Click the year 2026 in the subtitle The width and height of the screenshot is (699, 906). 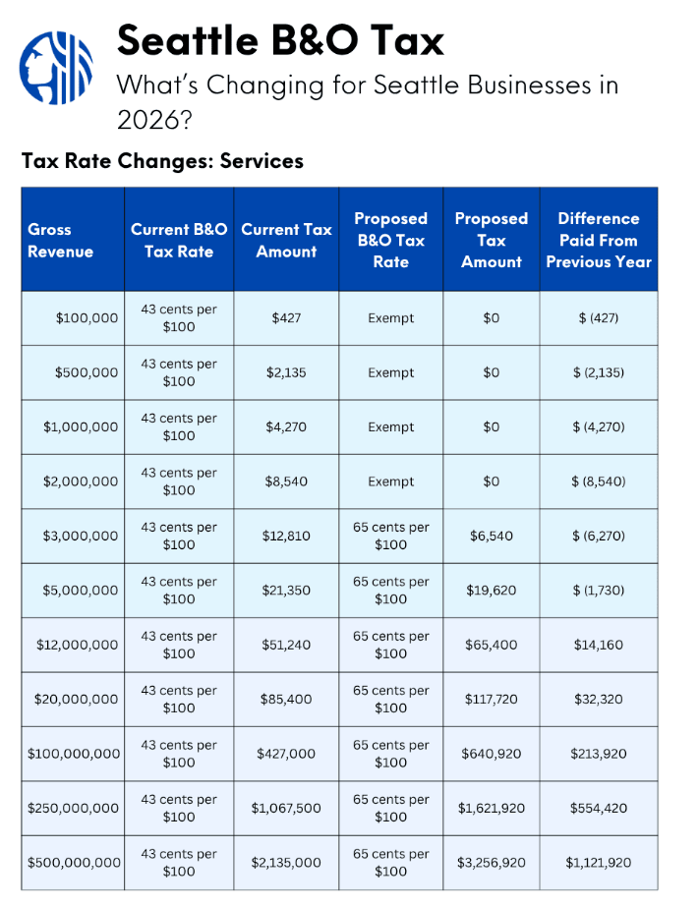(148, 120)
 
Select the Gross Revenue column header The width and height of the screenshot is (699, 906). (61, 240)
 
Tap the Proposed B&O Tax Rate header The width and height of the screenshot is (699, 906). (390, 240)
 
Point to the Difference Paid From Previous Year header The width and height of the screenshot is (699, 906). (598, 240)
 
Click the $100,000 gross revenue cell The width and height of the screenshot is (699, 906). (87, 318)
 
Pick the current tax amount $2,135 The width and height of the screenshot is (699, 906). (285, 372)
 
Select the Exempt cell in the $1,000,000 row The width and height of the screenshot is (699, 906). (390, 427)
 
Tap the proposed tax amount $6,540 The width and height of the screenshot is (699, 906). (491, 536)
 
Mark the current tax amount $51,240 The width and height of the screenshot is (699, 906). (285, 645)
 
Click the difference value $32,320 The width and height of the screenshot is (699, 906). (598, 699)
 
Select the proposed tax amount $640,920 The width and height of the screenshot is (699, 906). (491, 754)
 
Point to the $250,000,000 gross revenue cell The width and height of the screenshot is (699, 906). (74, 808)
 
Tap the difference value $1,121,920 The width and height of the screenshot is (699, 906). (598, 863)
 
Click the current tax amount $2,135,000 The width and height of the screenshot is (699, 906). (285, 863)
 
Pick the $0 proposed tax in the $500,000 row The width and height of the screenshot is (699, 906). (491, 372)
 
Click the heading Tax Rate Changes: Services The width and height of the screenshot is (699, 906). (162, 160)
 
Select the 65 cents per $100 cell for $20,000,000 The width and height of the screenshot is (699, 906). (390, 699)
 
